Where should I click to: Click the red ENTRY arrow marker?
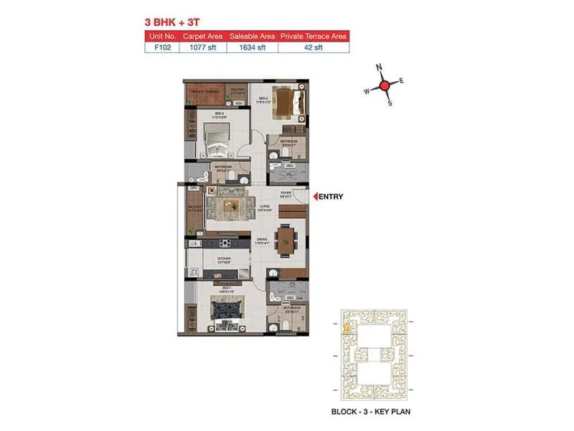tap(314, 196)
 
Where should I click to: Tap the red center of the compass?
tap(384, 85)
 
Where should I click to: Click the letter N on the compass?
tap(380, 69)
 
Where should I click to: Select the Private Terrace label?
tap(202, 91)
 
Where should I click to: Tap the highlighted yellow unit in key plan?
tap(347, 330)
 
